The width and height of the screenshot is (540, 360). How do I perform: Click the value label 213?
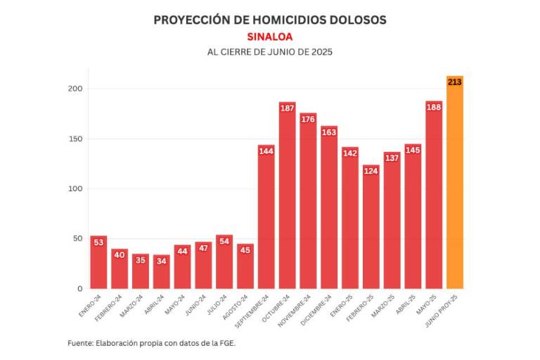point(455,82)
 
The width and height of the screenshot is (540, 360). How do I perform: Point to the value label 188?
point(434,107)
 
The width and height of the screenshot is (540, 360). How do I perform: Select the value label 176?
point(308,119)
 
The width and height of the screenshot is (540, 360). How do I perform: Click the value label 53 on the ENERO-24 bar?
point(99,243)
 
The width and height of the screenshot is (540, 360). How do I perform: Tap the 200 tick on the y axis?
point(75,89)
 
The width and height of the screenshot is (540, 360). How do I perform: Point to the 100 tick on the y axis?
point(75,188)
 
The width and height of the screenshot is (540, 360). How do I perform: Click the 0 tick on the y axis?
point(79,288)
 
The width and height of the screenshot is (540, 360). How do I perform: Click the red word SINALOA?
point(270,37)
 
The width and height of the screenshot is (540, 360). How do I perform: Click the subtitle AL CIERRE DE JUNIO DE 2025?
point(270,53)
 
